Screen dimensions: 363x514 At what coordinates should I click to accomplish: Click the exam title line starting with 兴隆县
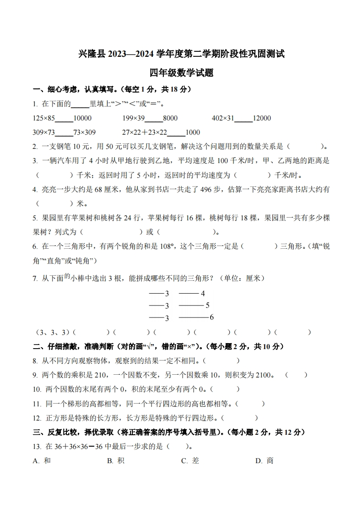point(181,55)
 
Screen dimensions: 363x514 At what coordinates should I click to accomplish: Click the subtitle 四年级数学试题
point(181,72)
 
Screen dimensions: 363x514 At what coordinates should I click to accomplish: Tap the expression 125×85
point(44,118)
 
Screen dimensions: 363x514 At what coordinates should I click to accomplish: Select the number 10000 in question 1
point(82,118)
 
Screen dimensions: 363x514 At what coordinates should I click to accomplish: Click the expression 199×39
point(133,118)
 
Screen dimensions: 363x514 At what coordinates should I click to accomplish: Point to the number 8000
point(170,118)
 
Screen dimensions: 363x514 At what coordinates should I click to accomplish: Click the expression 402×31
point(223,118)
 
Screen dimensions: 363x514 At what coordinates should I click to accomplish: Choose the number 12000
point(262,118)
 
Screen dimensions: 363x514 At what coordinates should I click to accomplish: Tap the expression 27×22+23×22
point(145,132)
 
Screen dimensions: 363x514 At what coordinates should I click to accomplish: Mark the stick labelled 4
point(189,294)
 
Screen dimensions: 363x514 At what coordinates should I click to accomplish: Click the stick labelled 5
point(191,306)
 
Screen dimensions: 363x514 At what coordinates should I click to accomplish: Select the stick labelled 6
point(193,317)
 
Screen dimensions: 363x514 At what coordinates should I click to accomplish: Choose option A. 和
point(42,461)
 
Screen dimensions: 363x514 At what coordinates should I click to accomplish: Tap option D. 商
point(264,461)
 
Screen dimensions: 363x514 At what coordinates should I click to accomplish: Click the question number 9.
point(35,375)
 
